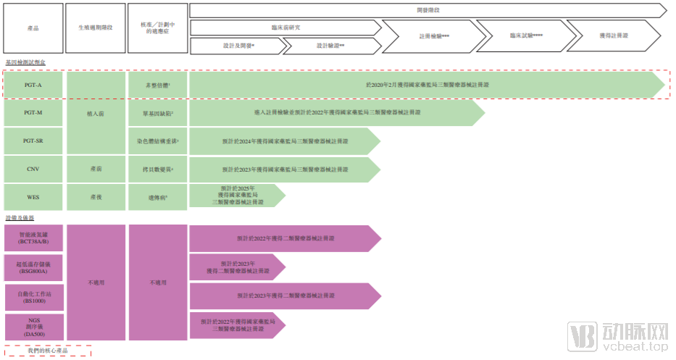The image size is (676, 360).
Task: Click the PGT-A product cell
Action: [x=33, y=85]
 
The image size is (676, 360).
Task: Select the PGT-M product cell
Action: [x=33, y=113]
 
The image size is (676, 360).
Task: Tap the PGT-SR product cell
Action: [x=33, y=141]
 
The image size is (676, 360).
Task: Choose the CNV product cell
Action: [x=33, y=169]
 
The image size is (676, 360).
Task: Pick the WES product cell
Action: [x=33, y=196]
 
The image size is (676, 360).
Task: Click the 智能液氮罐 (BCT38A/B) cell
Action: [x=33, y=238]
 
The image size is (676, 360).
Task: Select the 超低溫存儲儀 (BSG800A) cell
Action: [x=33, y=267]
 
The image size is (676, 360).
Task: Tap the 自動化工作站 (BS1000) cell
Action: [x=33, y=296]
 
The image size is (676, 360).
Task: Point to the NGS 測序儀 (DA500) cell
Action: [x=33, y=327]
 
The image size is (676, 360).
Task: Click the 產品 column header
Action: [x=33, y=28]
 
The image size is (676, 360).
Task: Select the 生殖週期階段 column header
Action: [x=95, y=28]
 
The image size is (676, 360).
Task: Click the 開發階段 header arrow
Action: [x=427, y=10]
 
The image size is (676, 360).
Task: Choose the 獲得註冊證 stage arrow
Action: [x=614, y=35]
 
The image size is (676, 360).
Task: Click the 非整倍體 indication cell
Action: [x=157, y=85]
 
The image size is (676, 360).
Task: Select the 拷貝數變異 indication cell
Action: [x=157, y=169]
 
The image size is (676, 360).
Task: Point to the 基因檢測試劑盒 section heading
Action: [x=25, y=63]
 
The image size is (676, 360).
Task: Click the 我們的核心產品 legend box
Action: [x=48, y=351]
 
